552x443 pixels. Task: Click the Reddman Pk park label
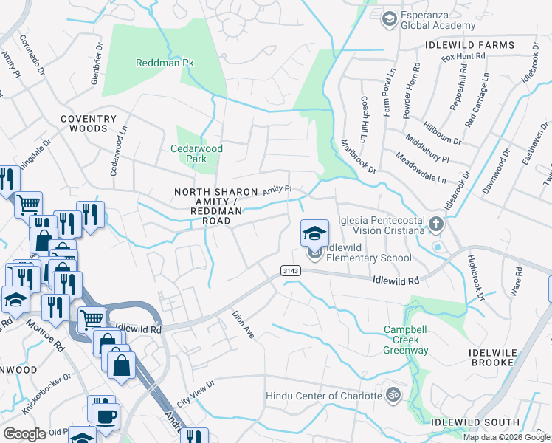pyautogui.click(x=165, y=63)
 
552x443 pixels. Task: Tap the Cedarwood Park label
pyautogui.click(x=196, y=154)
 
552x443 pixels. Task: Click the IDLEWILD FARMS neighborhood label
pyautogui.click(x=469, y=45)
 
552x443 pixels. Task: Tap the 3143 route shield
pyautogui.click(x=289, y=272)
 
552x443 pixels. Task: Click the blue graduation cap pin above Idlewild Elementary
pyautogui.click(x=314, y=233)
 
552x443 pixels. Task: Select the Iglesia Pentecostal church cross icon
pyautogui.click(x=436, y=222)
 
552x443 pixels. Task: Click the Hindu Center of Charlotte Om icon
pyautogui.click(x=393, y=395)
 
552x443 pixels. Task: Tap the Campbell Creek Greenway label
pyautogui.click(x=406, y=340)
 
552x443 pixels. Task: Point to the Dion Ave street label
pyautogui.click(x=244, y=324)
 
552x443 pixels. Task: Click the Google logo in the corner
pyautogui.click(x=24, y=434)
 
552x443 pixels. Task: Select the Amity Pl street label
pyautogui.click(x=278, y=190)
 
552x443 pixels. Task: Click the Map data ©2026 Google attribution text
pyautogui.click(x=506, y=437)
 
